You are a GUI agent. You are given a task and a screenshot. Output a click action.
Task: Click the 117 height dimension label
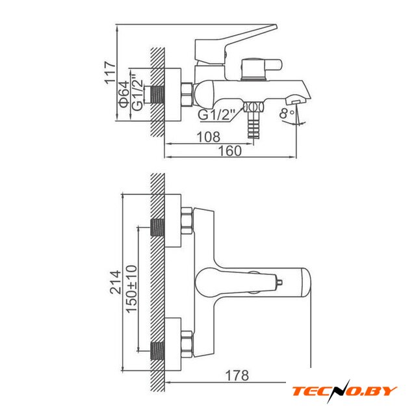click(110, 73)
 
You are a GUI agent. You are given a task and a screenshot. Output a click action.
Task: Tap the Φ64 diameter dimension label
click(124, 94)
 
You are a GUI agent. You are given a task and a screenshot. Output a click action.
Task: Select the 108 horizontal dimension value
click(208, 137)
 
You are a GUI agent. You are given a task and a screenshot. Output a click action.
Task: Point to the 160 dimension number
click(229, 151)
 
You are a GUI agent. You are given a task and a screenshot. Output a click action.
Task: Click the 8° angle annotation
click(287, 113)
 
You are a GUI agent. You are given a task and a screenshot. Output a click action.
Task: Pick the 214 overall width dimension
click(116, 282)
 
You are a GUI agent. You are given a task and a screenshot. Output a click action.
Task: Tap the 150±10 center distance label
click(131, 289)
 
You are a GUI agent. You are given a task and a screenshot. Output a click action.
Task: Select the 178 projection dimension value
click(237, 376)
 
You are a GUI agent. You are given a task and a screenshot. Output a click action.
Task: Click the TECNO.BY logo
click(344, 391)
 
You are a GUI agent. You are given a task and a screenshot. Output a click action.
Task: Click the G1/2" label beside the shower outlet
click(216, 114)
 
